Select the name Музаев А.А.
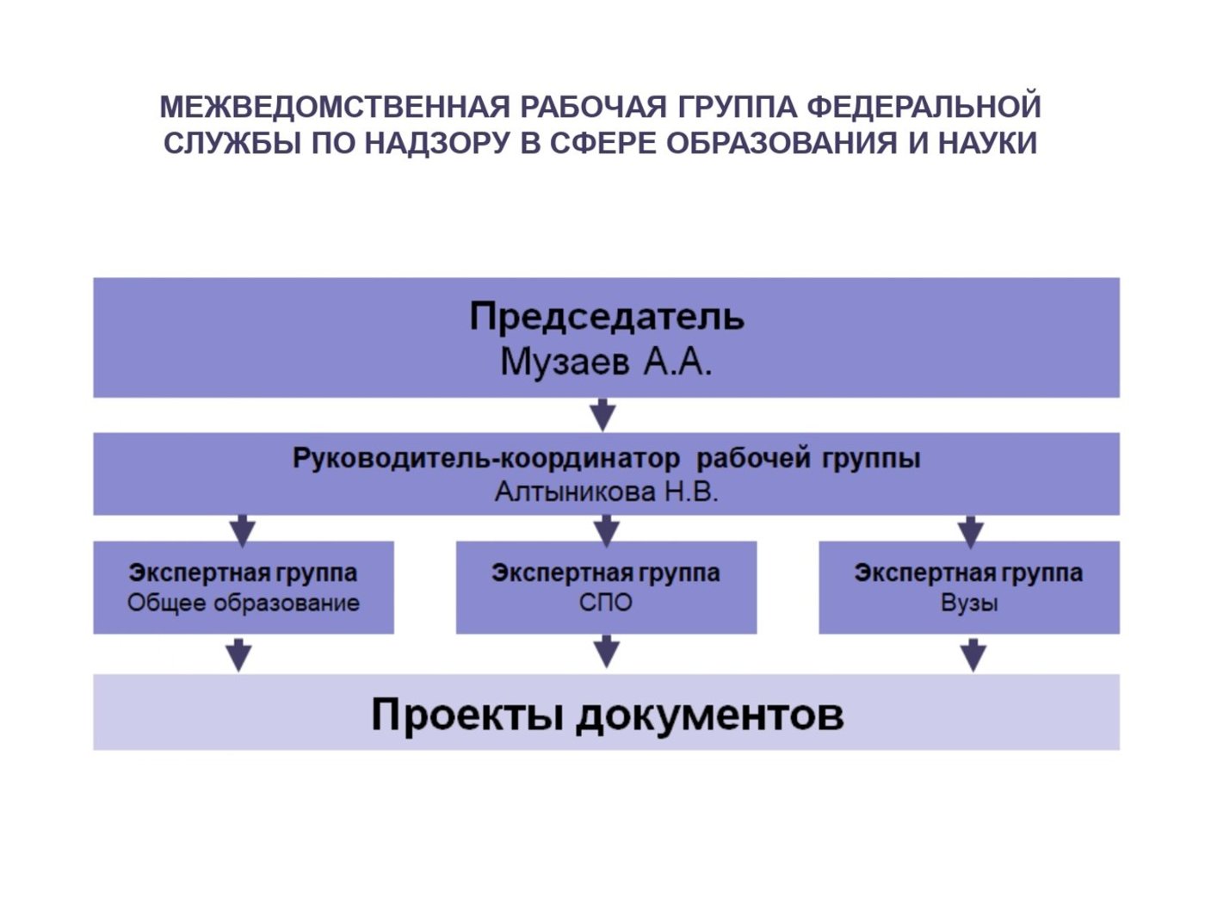click(606, 362)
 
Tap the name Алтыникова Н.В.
click(607, 492)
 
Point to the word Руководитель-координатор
click(485, 459)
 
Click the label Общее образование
click(244, 604)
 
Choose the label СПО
click(606, 604)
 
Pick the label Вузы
click(969, 604)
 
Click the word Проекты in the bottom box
click(467, 715)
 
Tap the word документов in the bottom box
click(709, 715)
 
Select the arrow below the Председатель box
click(603, 415)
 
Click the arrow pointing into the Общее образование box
click(243, 531)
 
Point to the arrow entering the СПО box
click(606, 531)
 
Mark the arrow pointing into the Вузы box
click(970, 532)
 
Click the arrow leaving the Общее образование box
click(238, 655)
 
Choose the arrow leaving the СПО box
click(606, 652)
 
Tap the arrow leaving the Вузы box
click(973, 655)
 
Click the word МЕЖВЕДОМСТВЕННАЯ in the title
click(335, 107)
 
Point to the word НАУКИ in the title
click(987, 144)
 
